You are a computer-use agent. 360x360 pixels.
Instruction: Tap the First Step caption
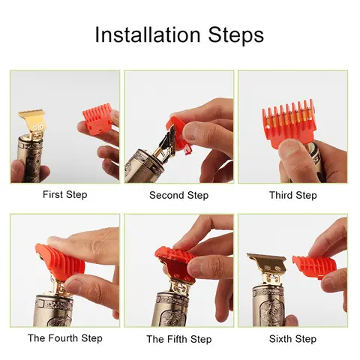64,195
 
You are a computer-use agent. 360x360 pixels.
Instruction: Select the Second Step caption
180,195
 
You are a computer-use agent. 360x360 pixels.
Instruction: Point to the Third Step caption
293,195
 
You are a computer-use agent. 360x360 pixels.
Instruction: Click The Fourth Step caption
64,339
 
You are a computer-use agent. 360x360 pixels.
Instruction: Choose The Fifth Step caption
179,339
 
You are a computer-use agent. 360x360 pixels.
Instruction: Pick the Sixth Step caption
293,339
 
